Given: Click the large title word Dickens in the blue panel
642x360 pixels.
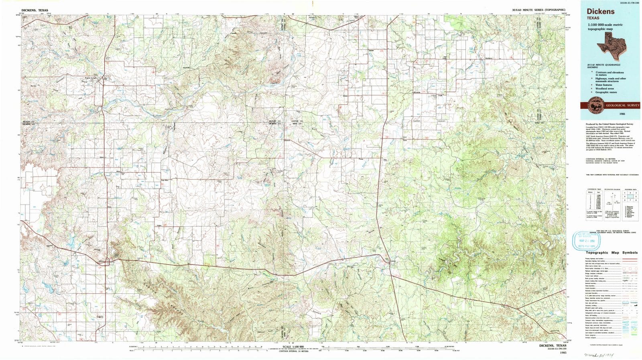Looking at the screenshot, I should click(x=601, y=12).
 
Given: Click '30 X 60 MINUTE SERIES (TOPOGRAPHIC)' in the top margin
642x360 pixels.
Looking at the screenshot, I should click(x=538, y=10).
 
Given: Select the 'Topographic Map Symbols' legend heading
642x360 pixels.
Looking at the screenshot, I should click(x=612, y=252).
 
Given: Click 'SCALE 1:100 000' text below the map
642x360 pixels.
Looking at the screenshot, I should click(x=293, y=346).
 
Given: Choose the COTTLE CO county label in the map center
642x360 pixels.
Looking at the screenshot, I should click(x=297, y=121).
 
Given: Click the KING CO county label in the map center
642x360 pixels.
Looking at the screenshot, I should click(x=297, y=124).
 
